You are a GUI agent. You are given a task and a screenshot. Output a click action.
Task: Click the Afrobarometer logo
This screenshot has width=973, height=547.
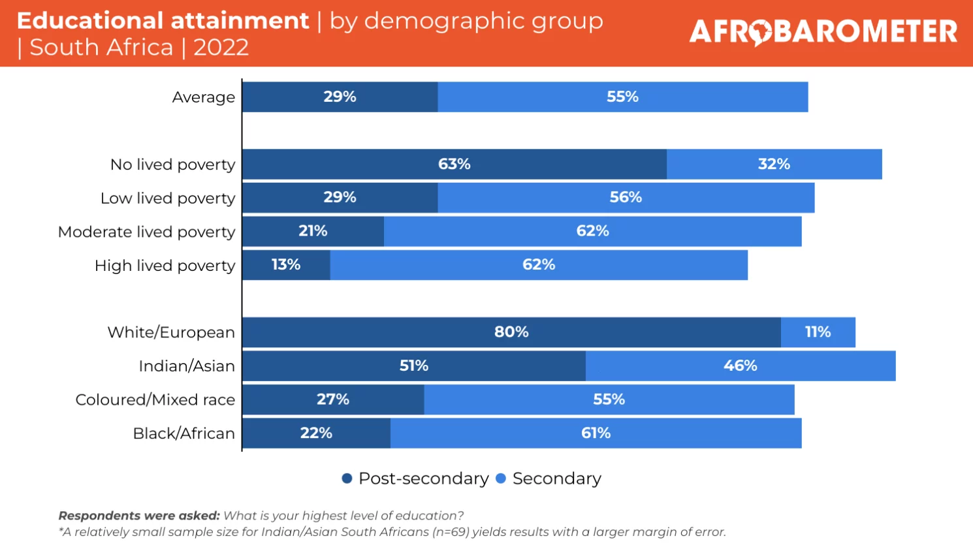click(823, 32)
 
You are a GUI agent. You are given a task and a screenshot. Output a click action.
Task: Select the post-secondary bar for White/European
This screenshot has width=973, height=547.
click(511, 332)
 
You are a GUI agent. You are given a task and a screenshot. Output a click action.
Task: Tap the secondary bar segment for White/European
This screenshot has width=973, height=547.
click(818, 332)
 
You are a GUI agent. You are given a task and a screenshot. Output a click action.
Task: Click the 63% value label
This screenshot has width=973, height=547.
click(454, 164)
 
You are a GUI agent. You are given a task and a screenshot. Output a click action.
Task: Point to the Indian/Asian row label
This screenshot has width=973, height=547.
click(186, 366)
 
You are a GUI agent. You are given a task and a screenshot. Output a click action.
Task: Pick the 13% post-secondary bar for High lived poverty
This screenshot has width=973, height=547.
click(286, 265)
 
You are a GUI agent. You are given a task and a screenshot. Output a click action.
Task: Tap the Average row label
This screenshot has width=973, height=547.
click(203, 97)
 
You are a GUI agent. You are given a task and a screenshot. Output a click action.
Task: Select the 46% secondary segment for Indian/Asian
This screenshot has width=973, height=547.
click(740, 366)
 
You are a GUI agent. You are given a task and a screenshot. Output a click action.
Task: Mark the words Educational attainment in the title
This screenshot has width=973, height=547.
click(163, 21)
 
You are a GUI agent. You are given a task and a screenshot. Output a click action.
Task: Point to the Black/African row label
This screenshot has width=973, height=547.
click(183, 433)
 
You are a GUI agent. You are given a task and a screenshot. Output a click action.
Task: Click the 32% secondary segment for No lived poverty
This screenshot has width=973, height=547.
click(774, 164)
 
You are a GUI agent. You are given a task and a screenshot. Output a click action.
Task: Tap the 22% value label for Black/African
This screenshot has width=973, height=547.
click(316, 433)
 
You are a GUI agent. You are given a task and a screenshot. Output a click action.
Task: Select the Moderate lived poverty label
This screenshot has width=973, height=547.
click(146, 232)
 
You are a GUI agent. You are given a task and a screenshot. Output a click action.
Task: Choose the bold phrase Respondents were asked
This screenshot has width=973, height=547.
click(139, 516)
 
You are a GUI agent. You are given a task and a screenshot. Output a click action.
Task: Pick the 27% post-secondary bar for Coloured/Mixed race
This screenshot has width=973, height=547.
click(333, 399)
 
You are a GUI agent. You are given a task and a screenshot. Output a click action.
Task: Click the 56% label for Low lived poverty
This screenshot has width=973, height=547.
click(626, 197)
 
